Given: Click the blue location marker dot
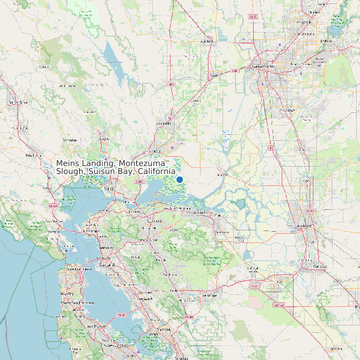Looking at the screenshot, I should [x=179, y=179].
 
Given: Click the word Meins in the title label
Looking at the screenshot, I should [x=68, y=163].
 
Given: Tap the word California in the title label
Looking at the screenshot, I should [x=155, y=172].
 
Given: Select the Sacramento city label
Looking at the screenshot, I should [x=266, y=67].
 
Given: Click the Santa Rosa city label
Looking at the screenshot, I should [x=19, y=102].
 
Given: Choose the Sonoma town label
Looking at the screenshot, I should [x=69, y=140].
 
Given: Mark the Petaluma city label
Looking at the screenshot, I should [x=33, y=155].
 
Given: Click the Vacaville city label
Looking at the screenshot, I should [x=163, y=123].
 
